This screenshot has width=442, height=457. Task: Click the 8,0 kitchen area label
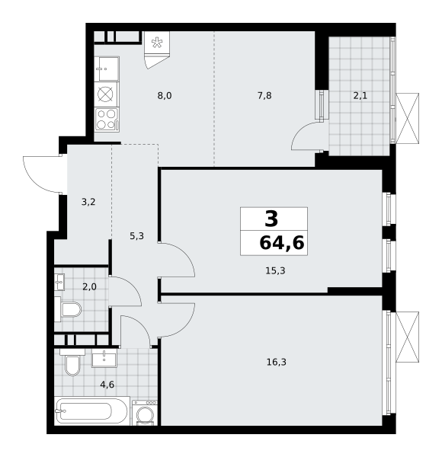tap(165, 96)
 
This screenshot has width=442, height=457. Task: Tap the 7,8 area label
tap(264, 96)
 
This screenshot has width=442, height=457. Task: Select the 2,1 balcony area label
tap(360, 96)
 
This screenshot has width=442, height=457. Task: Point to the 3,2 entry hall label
tap(88, 202)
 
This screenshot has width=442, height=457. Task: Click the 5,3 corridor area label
tap(136, 236)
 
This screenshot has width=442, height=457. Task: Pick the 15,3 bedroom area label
tap(275, 270)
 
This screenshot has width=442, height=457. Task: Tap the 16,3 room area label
tap(277, 362)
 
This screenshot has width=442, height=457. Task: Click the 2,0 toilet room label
tap(89, 287)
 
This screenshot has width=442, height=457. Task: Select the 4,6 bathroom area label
tap(107, 385)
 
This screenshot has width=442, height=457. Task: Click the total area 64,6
tap(282, 243)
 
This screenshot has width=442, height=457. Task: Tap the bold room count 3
tap(271, 219)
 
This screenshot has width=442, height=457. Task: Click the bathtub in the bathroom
tap(92, 411)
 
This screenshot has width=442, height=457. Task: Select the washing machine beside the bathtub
tap(145, 413)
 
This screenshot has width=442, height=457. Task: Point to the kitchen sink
tap(107, 69)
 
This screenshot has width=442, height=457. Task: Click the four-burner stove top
tap(107, 120)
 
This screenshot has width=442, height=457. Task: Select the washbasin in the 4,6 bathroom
tap(104, 358)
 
